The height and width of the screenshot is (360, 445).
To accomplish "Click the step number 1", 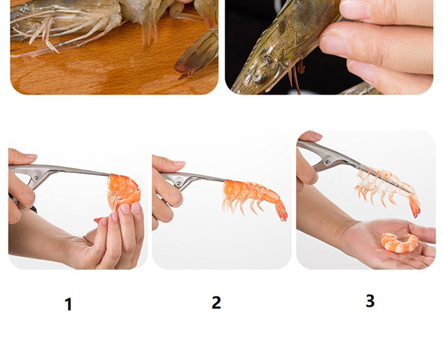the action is point(68,304).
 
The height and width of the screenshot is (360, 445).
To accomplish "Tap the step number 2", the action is point(216,303).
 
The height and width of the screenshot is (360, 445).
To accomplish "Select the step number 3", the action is point(370,301).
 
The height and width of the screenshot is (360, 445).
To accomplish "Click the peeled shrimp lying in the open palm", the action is point(399,243).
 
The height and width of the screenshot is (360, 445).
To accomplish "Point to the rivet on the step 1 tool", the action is point(36,178).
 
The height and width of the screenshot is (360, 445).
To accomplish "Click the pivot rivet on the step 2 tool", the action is point(178,184).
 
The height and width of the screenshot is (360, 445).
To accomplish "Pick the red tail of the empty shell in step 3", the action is point(415,205).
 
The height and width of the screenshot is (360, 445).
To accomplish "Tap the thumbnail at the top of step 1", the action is point(30,155).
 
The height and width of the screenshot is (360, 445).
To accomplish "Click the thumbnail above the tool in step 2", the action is point(179,163).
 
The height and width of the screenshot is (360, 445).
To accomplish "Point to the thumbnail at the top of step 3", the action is point(316,135).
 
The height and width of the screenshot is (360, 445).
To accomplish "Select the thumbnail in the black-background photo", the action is point(355,10).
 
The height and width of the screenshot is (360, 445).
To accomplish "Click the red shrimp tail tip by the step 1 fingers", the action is point(97,220).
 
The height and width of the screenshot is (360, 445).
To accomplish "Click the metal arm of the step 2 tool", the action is point(204,177).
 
